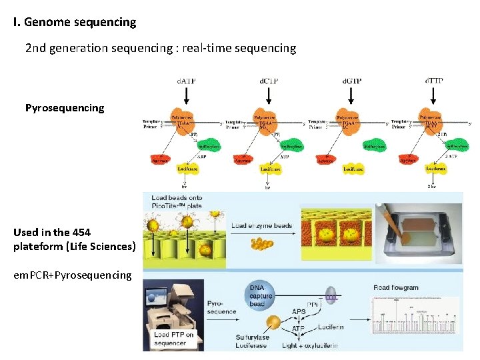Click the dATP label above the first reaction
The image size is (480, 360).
pos(185,81)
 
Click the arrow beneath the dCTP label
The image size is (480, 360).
pos(268,95)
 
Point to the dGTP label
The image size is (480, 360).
pos(351,81)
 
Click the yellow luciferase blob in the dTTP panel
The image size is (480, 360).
pos(435,169)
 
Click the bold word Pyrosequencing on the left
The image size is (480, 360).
pos(65,107)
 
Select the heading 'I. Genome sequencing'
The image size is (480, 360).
pos(75,22)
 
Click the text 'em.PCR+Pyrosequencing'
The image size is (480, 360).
pos(73,275)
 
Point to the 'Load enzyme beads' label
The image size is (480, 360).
pos(262,225)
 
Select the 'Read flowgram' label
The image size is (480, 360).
pos(396,287)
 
